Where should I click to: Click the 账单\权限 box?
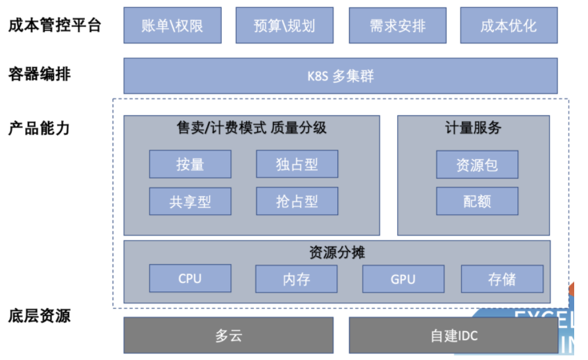pos(172,26)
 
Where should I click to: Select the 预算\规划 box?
pos(284,26)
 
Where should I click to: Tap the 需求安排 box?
pos(397,26)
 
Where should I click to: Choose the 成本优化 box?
pos(508,26)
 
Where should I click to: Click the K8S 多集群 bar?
pos(340,76)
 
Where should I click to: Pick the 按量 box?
pos(190,164)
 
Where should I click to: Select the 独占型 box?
pos(297,164)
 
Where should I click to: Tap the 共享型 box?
pos(190,201)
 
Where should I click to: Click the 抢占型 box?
pos(297,201)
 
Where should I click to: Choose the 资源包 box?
pos(477,165)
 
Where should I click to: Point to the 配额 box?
pos(477,201)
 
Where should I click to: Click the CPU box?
pos(190,278)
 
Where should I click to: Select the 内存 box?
pos(296,279)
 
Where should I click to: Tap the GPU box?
pos(403,279)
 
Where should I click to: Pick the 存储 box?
pos(502,279)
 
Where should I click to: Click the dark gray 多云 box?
pos(228,336)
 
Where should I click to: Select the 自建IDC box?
pos(454,336)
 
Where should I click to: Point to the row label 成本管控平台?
pos(55,26)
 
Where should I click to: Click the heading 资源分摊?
pos(337,252)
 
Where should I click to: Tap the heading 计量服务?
pos(473,128)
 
